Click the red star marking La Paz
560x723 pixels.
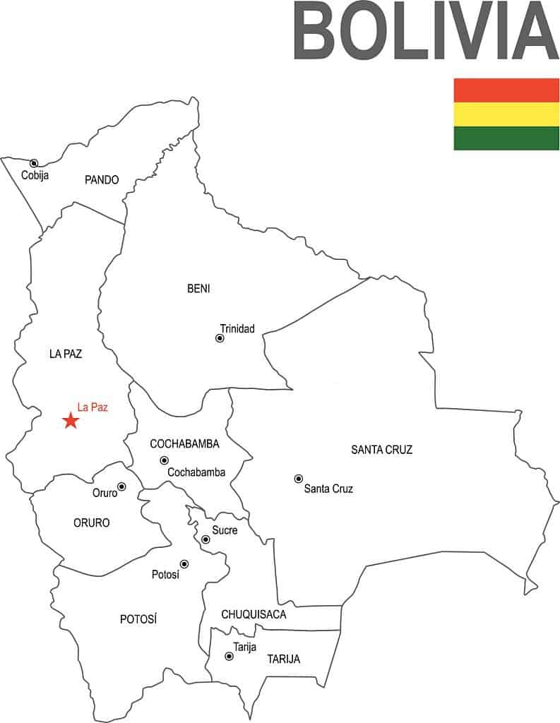click(x=71, y=421)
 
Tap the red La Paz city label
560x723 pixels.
click(x=93, y=407)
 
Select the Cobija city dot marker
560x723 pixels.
click(x=34, y=163)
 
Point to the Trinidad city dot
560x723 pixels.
click(x=220, y=338)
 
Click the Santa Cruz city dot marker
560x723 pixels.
click(x=299, y=479)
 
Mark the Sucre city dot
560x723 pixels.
click(x=205, y=539)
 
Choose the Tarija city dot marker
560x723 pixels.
click(x=229, y=657)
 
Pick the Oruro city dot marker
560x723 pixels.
click(x=121, y=486)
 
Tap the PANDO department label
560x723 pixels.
click(x=102, y=180)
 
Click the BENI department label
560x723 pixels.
click(x=198, y=288)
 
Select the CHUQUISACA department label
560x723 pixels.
click(x=254, y=614)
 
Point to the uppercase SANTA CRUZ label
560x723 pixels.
click(x=381, y=450)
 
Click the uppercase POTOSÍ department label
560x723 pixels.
click(x=138, y=619)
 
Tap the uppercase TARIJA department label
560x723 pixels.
click(x=283, y=659)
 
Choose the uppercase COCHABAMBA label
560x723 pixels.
click(x=184, y=444)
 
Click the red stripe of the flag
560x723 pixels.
click(x=506, y=90)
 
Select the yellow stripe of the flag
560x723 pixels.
click(x=506, y=114)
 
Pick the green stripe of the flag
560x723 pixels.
click(x=506, y=138)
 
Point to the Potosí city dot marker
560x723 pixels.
click(x=184, y=564)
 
